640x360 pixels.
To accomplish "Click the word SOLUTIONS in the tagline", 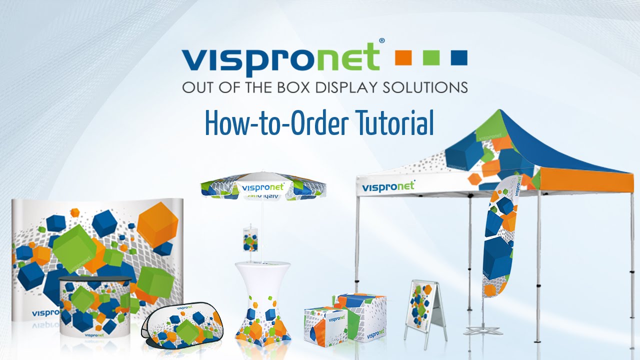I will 425,88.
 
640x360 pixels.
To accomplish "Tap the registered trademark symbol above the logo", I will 381,40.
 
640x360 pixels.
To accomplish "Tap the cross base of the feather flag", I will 480,330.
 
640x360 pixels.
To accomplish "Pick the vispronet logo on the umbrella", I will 263,188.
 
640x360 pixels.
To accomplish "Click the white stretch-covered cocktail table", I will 263,300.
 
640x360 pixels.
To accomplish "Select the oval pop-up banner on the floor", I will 185,324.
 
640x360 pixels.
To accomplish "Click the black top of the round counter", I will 95,279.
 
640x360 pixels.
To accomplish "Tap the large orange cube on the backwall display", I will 158,223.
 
